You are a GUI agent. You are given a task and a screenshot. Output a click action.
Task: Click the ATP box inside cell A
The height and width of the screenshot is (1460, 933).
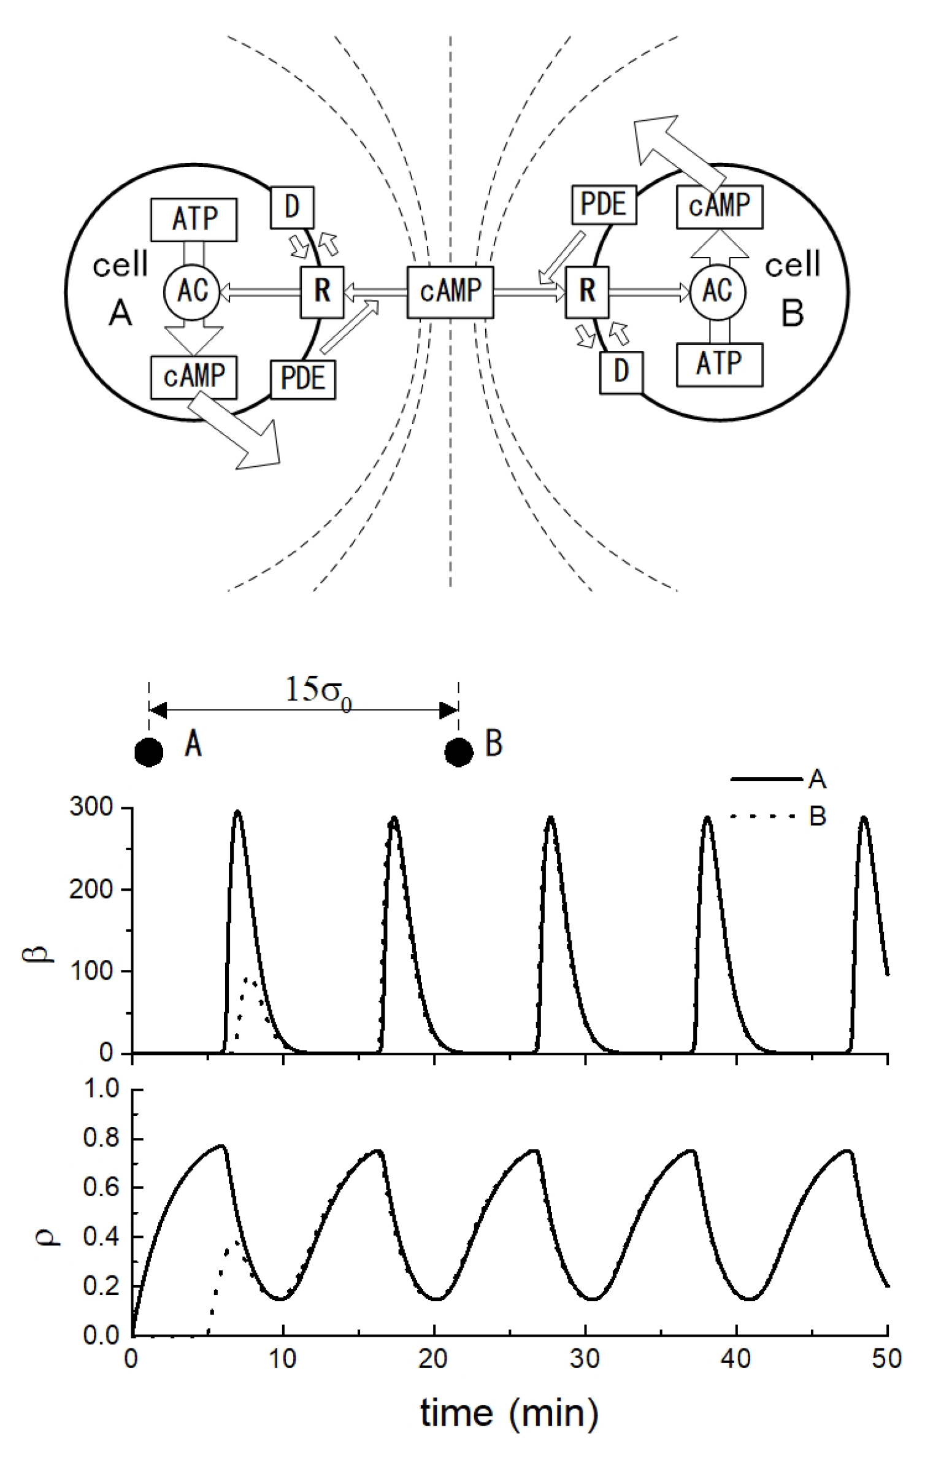(194, 219)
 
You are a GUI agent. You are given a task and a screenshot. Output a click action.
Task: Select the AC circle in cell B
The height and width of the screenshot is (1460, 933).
(718, 292)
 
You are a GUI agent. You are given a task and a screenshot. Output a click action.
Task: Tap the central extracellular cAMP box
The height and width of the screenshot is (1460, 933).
(450, 292)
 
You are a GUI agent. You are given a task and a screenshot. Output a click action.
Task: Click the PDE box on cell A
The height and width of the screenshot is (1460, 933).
(303, 379)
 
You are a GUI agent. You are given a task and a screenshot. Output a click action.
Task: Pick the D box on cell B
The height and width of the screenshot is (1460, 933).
(621, 372)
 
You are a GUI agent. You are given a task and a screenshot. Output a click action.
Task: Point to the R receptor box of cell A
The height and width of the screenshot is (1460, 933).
(322, 292)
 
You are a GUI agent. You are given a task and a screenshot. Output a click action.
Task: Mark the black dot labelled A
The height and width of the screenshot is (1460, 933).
(148, 751)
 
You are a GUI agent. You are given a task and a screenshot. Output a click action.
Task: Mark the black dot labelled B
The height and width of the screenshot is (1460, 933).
(459, 751)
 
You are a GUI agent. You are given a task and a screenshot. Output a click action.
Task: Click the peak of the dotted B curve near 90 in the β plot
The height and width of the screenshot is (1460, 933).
(247, 980)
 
